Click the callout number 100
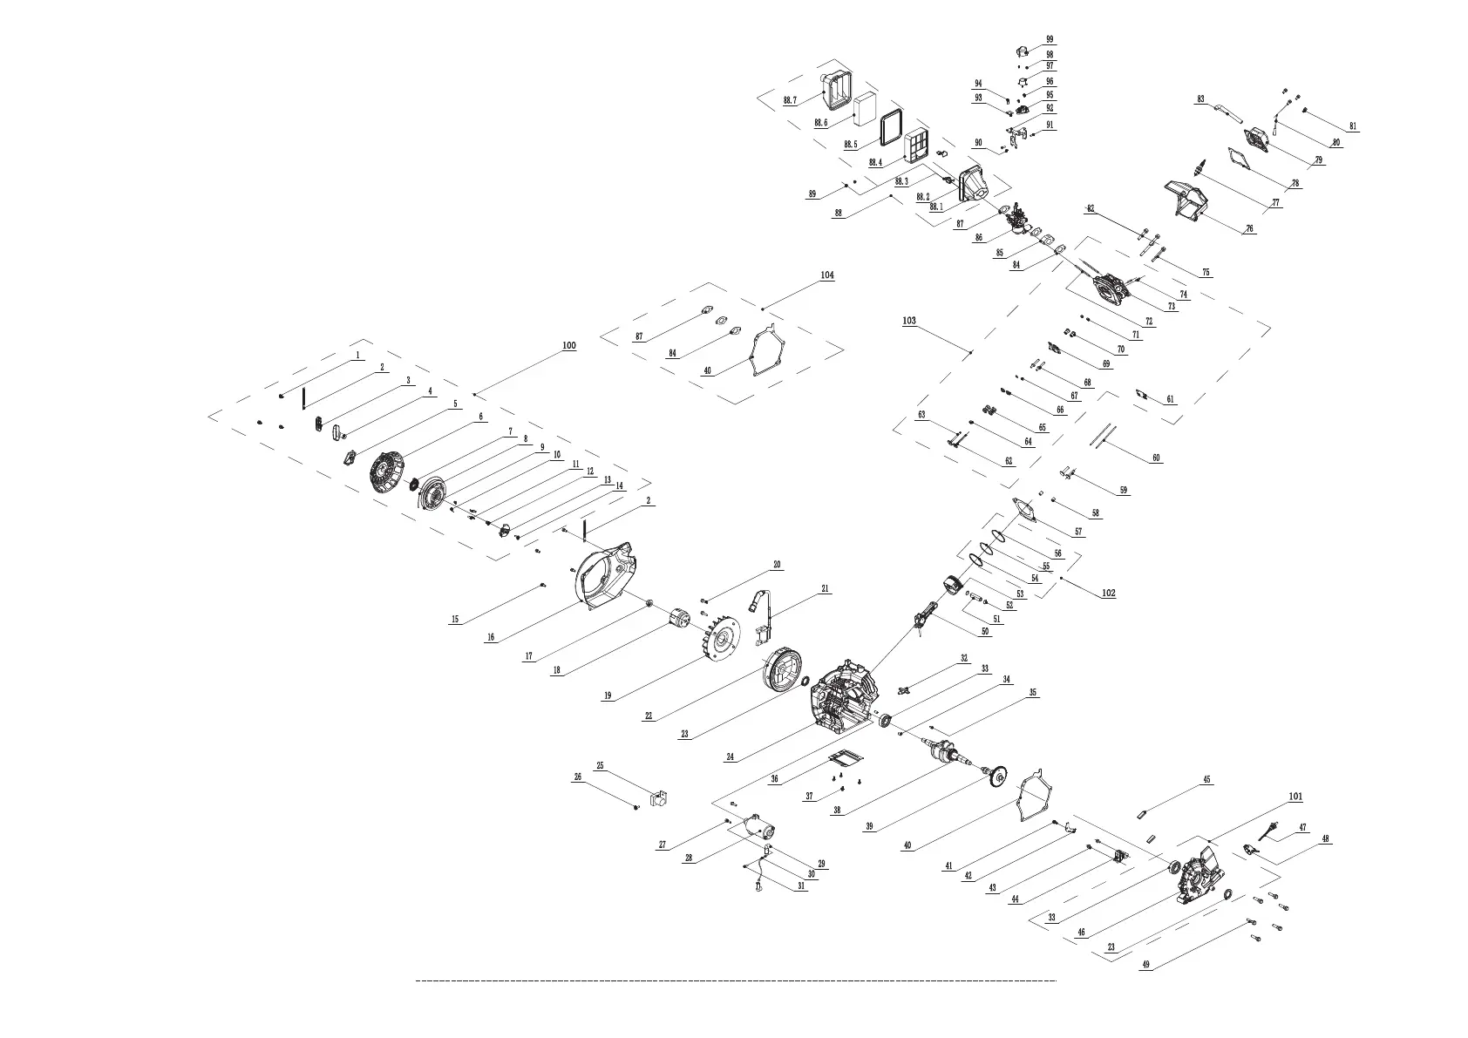click(x=568, y=346)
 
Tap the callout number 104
click(x=826, y=275)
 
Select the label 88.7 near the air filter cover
click(x=790, y=101)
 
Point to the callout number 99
click(x=1050, y=39)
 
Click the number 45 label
click(x=1206, y=780)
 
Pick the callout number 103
click(x=909, y=321)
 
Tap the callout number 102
click(x=1108, y=593)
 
